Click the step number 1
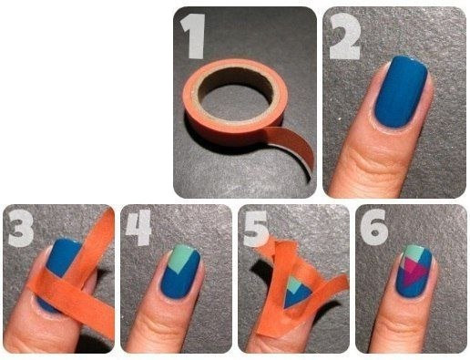193,36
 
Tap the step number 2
345,36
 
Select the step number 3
21,228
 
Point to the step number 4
138,227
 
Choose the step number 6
374,227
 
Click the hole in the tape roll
235,97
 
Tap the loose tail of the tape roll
293,149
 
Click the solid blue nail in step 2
401,91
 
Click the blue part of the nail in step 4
182,281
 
